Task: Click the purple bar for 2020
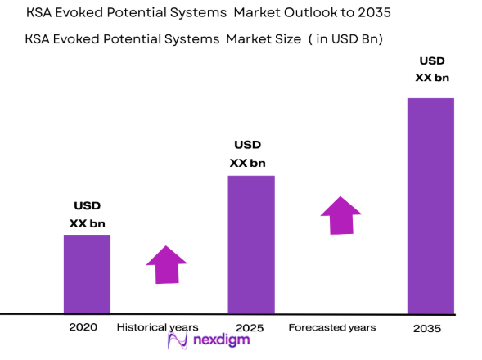(x=87, y=273)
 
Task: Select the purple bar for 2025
(x=250, y=244)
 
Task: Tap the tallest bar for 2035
(x=430, y=205)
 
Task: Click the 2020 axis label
(x=84, y=327)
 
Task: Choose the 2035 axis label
(x=427, y=328)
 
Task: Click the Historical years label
(x=157, y=327)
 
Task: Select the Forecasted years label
(x=332, y=327)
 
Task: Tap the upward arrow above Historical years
(x=167, y=264)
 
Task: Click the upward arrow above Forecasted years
(x=340, y=215)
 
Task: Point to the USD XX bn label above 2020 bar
(x=87, y=214)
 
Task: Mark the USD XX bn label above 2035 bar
(x=431, y=69)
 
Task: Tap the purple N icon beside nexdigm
(x=179, y=342)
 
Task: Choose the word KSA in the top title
(x=42, y=14)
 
